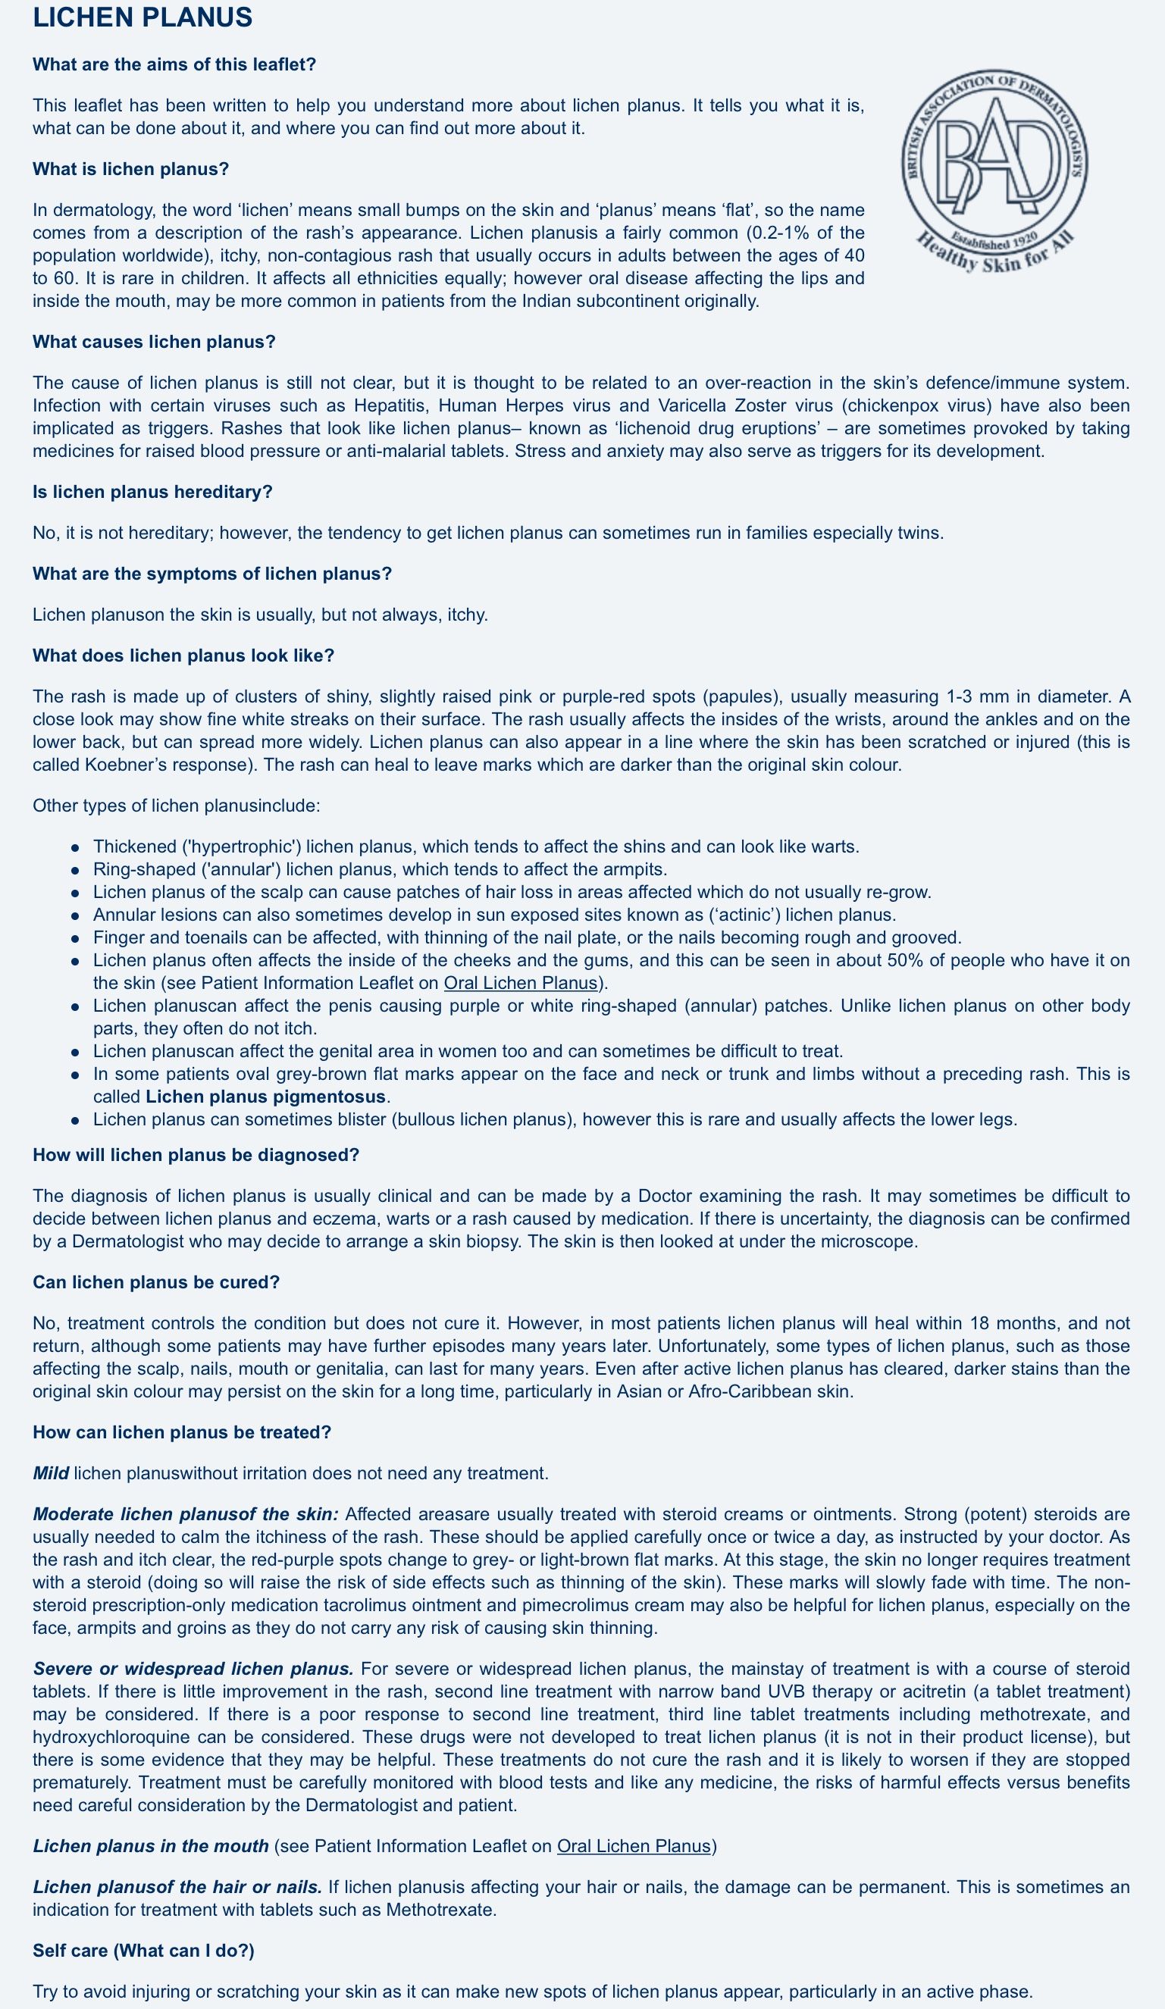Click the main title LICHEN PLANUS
pos(142,17)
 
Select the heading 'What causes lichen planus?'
pos(154,342)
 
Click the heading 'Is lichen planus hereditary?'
pos(152,492)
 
